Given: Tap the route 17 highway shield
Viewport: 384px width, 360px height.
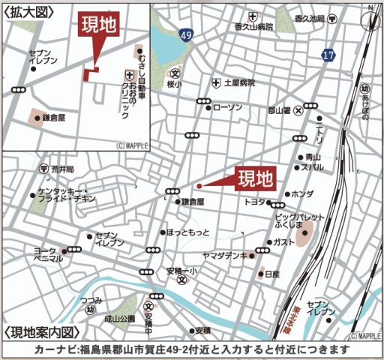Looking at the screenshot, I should [x=328, y=55].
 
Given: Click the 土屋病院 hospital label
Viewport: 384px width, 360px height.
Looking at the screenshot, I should [x=239, y=82].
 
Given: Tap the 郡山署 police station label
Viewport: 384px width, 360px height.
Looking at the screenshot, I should [x=279, y=110].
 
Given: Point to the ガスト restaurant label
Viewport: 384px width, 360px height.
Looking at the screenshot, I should [x=284, y=242].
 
